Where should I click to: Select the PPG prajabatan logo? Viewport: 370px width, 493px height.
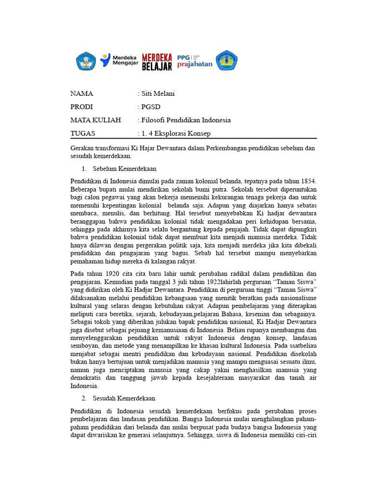point(195,60)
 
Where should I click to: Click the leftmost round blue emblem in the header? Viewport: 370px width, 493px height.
point(86,61)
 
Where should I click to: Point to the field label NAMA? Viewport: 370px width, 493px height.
point(81,93)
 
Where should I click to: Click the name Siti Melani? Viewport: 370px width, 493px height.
point(158,93)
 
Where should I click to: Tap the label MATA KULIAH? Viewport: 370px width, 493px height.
point(95,120)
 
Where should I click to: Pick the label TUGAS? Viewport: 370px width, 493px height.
point(83,133)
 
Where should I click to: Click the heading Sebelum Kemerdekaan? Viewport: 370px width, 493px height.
point(124,169)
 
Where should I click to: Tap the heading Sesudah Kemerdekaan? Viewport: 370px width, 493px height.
point(124,398)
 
